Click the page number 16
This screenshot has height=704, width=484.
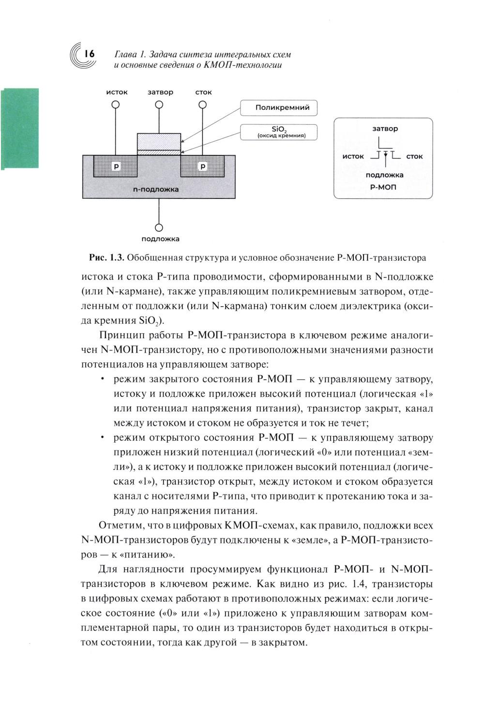[x=89, y=54]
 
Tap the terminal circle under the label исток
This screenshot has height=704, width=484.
[x=116, y=105]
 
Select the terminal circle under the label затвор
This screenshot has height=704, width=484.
[x=159, y=105]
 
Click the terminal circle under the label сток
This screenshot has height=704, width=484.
[x=203, y=105]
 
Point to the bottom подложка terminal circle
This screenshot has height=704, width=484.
[x=159, y=227]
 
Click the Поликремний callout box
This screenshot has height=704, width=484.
[x=279, y=108]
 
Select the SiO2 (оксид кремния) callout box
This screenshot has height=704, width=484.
[x=279, y=132]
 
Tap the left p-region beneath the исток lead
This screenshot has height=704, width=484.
[x=116, y=166]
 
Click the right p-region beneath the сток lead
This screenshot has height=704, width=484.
[x=203, y=166]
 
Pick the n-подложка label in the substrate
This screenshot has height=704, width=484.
[x=156, y=189]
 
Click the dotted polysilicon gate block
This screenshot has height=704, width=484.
[x=159, y=142]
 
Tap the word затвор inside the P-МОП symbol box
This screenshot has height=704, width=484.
[x=385, y=129]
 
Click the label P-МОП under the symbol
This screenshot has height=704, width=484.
[x=383, y=187]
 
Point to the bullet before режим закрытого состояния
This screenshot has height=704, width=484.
[x=103, y=378]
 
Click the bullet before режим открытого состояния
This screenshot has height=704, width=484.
[x=103, y=437]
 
